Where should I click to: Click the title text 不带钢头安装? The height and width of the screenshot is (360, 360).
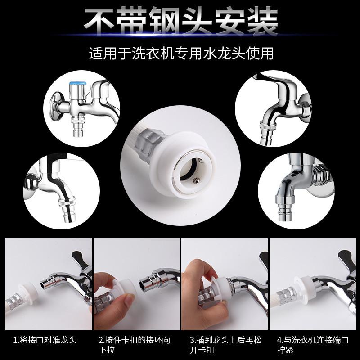coord(181,21)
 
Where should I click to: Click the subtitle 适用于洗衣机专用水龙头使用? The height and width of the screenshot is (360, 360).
coord(181,54)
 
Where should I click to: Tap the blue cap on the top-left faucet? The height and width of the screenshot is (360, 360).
coord(78,84)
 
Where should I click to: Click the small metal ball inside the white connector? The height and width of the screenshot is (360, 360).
coord(196,181)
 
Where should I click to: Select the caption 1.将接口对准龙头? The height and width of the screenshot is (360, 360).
coord(45,340)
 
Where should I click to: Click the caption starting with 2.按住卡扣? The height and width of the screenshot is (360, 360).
coord(135,345)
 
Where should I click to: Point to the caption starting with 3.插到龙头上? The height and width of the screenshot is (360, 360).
coord(225,345)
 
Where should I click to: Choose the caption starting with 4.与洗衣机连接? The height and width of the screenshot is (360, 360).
coord(313,345)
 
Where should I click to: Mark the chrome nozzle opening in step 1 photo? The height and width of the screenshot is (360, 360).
coord(43,285)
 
